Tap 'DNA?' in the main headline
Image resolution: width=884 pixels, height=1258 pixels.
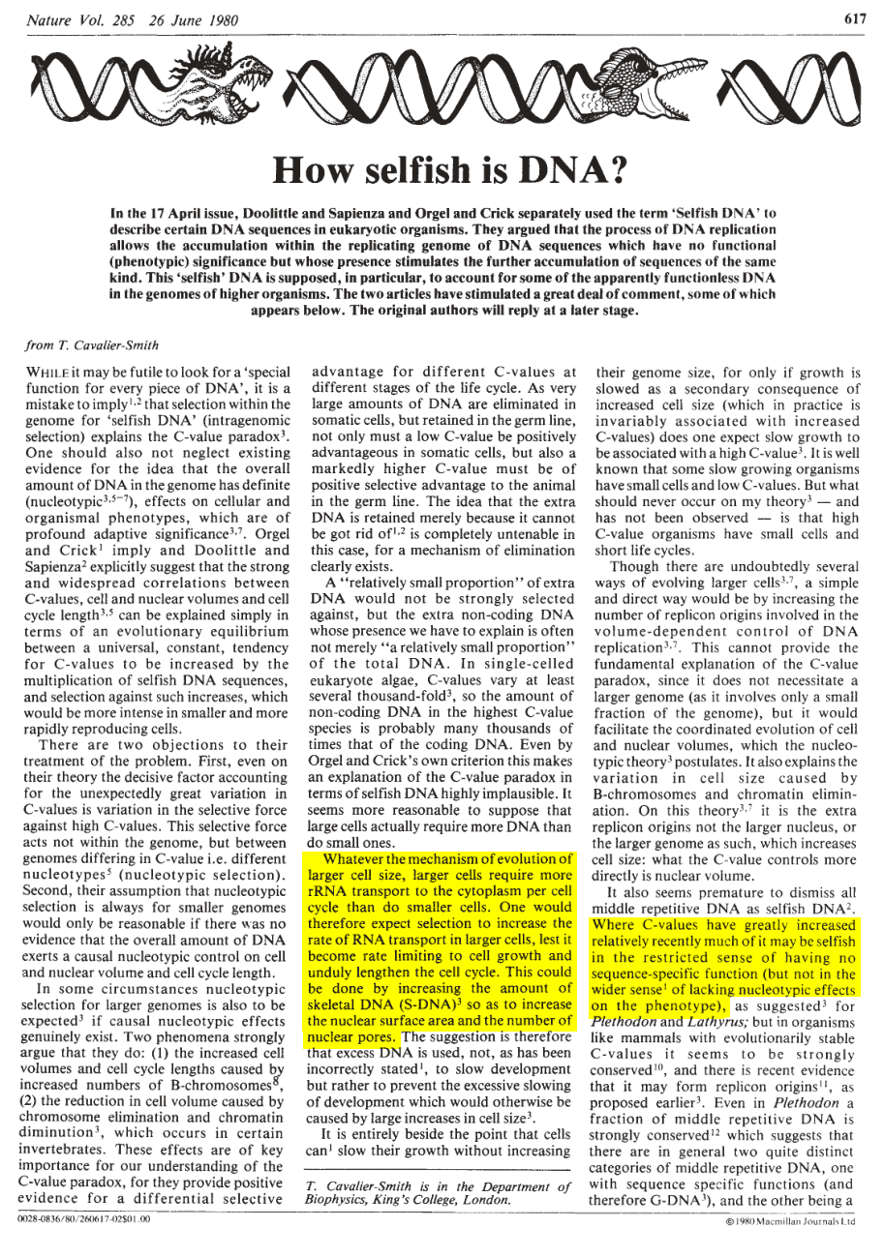tap(556, 170)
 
